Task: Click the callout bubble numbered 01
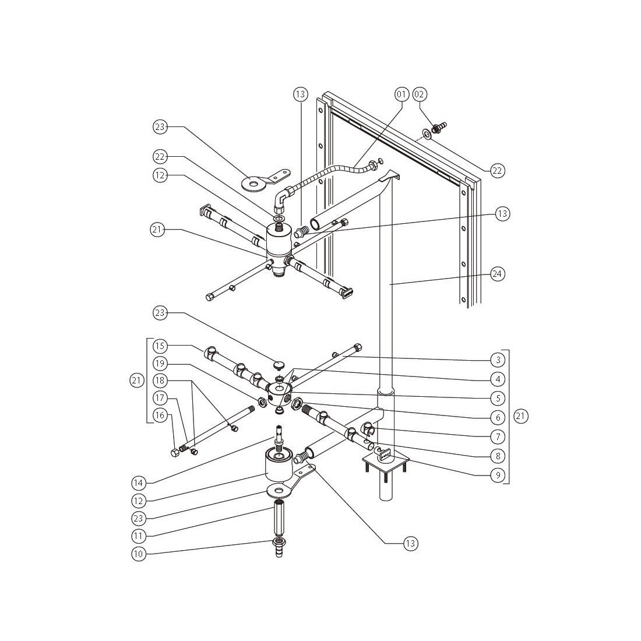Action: tap(401, 94)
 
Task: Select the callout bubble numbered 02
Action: tap(420, 94)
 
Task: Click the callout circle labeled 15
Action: tap(160, 346)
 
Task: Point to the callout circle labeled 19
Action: tap(160, 363)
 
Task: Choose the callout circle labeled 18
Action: tap(160, 381)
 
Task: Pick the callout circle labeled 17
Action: tap(160, 398)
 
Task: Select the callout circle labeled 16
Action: tap(160, 415)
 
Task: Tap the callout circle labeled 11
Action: tap(138, 535)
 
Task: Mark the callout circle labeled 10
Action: tap(138, 554)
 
